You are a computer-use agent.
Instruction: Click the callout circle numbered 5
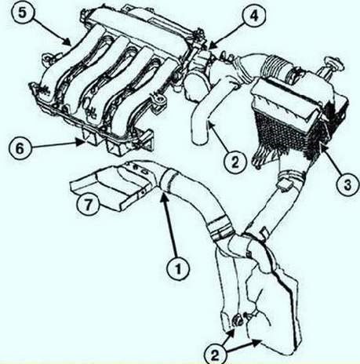pyautogui.click(x=23, y=13)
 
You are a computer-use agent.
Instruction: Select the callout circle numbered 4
pyautogui.click(x=253, y=16)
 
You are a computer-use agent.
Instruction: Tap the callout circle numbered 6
pyautogui.click(x=20, y=148)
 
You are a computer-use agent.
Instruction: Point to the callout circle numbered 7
pyautogui.click(x=88, y=204)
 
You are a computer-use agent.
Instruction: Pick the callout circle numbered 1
pyautogui.click(x=178, y=268)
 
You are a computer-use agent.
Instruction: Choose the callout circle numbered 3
pyautogui.click(x=347, y=184)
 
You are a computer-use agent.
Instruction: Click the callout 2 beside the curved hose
pyautogui.click(x=235, y=162)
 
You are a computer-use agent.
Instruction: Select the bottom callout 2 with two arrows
pyautogui.click(x=215, y=354)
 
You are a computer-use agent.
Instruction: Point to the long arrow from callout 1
pyautogui.click(x=169, y=225)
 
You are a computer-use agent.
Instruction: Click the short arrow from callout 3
pyautogui.click(x=331, y=160)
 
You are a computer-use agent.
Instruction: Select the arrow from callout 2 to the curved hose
pyautogui.click(x=218, y=136)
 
